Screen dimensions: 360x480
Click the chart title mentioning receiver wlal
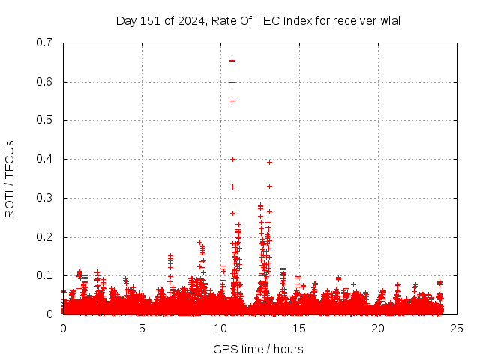coord(258,20)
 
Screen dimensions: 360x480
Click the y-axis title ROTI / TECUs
coord(10,178)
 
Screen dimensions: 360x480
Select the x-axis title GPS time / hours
coord(258,349)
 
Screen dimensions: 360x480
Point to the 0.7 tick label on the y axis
coord(44,43)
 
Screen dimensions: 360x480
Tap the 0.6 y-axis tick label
coord(44,82)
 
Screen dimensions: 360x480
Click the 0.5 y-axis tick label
coord(44,120)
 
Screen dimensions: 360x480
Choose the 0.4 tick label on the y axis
coord(44,159)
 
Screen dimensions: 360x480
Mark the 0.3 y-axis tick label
coord(44,198)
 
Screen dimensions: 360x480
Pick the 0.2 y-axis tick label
coord(44,237)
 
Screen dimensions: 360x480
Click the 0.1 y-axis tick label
coord(44,276)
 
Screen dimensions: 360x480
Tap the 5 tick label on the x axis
coord(142,328)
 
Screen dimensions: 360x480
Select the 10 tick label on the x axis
coord(220,328)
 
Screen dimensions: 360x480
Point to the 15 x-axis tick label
coord(299,328)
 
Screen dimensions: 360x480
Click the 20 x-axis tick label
coord(378,328)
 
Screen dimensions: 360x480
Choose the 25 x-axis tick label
coord(457,328)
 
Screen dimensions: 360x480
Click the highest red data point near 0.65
coord(232,61)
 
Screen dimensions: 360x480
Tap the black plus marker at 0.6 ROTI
coord(232,82)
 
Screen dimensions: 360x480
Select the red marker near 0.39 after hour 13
coord(269,162)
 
